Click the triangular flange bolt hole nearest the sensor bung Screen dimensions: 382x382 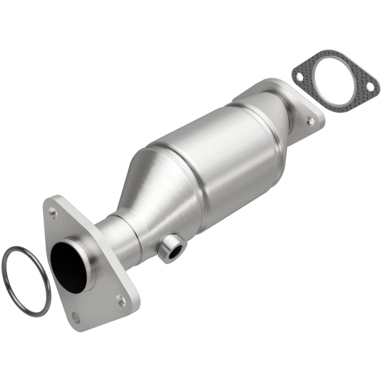coord(121,300)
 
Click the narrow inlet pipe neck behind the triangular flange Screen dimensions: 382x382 coord(115,239)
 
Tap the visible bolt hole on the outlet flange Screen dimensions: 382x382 coord(311,121)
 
